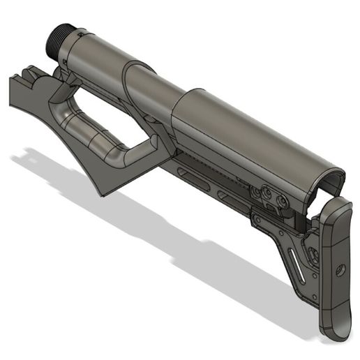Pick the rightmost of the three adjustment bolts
[282, 201]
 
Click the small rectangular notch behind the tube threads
[83, 33]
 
